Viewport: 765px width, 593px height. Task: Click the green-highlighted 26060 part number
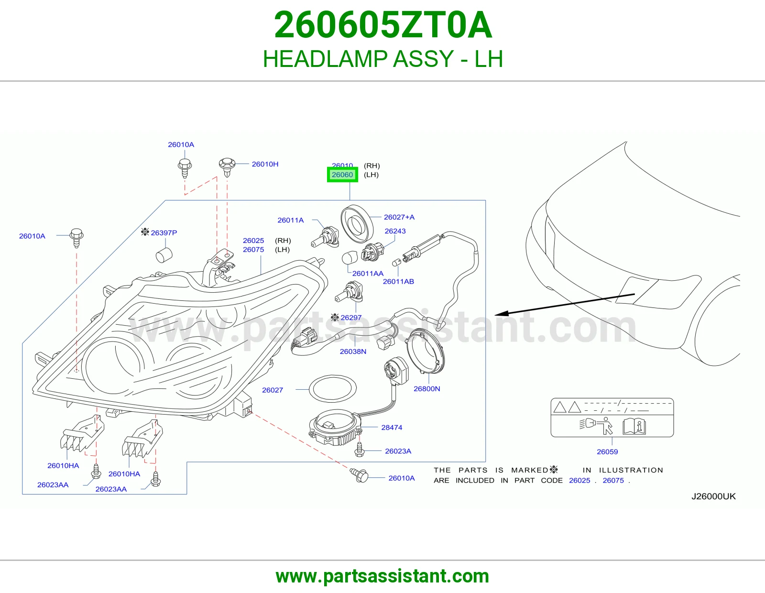[x=342, y=175]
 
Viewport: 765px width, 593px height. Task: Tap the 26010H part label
[x=265, y=164]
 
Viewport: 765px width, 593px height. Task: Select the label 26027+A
[x=399, y=217]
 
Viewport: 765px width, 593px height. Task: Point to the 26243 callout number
[x=395, y=231]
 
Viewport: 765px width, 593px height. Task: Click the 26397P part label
[x=164, y=233]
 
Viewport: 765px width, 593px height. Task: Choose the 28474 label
[x=392, y=428]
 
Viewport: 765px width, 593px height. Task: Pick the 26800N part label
[x=426, y=389]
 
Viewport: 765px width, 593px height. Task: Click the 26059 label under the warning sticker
[x=607, y=452]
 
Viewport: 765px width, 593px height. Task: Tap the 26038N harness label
[x=353, y=351]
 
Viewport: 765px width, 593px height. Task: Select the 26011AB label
[x=398, y=281]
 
